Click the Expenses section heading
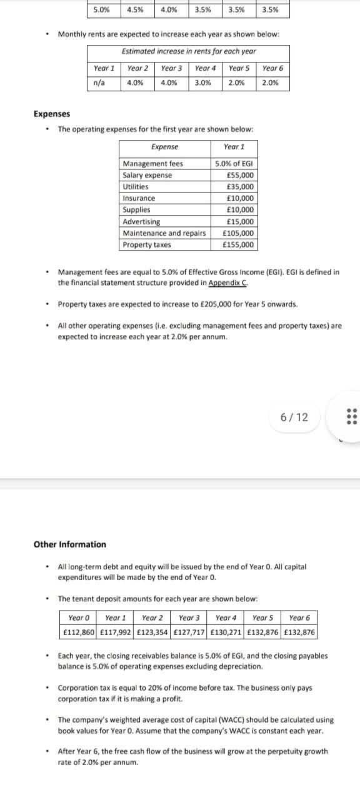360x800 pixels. pyautogui.click(x=51, y=114)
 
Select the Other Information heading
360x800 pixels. pyautogui.click(x=69, y=544)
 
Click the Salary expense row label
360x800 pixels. pyautogui.click(x=147, y=175)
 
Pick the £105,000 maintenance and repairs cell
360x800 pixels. pyautogui.click(x=238, y=233)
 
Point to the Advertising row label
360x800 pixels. pyautogui.click(x=141, y=221)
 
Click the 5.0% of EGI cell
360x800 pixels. pyautogui.click(x=234, y=164)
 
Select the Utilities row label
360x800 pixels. pyautogui.click(x=136, y=186)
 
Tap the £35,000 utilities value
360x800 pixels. pyautogui.click(x=240, y=186)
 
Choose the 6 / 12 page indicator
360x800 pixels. pyautogui.click(x=294, y=417)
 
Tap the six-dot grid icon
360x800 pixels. pyautogui.click(x=349, y=417)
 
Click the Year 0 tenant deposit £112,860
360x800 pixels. pyautogui.click(x=79, y=631)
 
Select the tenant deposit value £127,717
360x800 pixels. pyautogui.click(x=189, y=631)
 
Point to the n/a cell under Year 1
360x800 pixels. pyautogui.click(x=99, y=82)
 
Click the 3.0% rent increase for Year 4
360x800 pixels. pyautogui.click(x=202, y=82)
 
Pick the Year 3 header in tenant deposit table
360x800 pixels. pyautogui.click(x=189, y=617)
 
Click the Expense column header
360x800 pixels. pyautogui.click(x=164, y=146)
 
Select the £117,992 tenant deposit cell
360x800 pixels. pyautogui.click(x=116, y=631)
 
